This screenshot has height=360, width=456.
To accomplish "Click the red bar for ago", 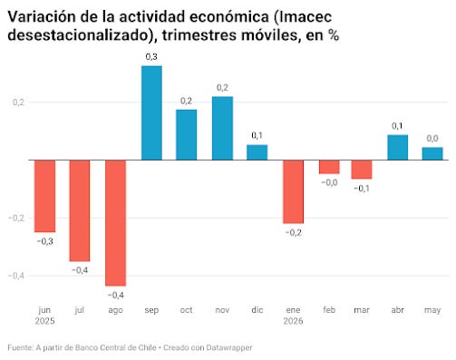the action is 115,223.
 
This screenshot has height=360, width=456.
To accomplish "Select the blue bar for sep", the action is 151,112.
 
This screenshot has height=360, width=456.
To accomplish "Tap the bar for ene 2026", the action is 293,191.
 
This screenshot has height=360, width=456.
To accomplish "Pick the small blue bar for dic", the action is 257,152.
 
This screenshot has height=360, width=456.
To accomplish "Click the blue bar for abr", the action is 398,147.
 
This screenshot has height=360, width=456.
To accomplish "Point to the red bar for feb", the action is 329,167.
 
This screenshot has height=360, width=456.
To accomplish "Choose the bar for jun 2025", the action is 44,196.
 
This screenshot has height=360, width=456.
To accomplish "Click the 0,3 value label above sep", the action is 151,57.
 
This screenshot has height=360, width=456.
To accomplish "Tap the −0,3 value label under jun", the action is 45,241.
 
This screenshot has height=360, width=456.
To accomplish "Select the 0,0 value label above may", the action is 432,139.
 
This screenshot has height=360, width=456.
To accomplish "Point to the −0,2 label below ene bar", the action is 294,232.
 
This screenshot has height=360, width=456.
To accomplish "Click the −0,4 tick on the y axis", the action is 16,276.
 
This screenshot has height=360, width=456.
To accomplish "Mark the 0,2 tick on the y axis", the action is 18,102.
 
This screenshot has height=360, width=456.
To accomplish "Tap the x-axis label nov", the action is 222,310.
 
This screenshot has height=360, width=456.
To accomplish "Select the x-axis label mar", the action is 362,310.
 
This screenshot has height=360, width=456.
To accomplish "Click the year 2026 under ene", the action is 293,321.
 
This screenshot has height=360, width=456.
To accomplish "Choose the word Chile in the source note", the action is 147,347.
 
